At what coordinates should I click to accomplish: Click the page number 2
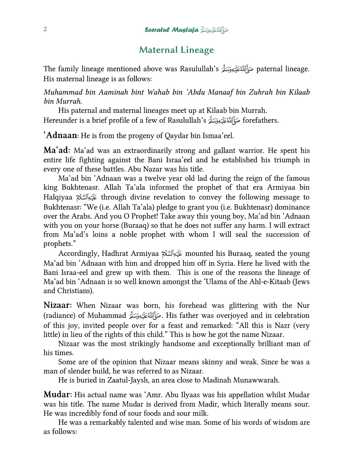pyautogui.click(x=45, y=29)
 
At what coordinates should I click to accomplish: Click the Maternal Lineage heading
pyautogui.click(x=177, y=50)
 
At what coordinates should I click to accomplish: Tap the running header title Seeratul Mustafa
pyautogui.click(x=172, y=30)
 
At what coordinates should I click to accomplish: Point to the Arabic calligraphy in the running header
pyautogui.click(x=214, y=30)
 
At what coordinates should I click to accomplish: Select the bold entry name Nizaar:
pyautogui.click(x=59, y=305)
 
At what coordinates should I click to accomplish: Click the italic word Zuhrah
pyautogui.click(x=261, y=92)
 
